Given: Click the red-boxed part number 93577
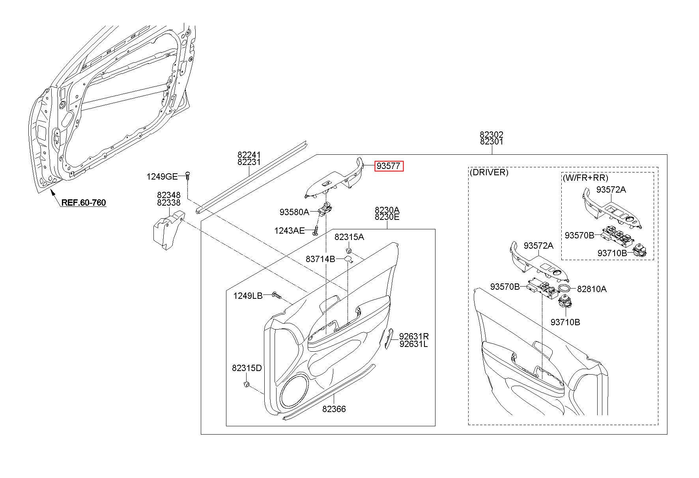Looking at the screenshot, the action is [389, 166].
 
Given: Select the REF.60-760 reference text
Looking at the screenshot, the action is [84, 203].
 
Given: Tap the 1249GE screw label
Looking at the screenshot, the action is [162, 176].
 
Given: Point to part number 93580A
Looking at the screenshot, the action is [294, 212].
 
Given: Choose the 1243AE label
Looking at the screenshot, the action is [290, 231].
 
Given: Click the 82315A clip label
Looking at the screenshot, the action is [349, 237].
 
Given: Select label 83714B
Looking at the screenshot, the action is [320, 259].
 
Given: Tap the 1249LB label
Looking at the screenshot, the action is [248, 296].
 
